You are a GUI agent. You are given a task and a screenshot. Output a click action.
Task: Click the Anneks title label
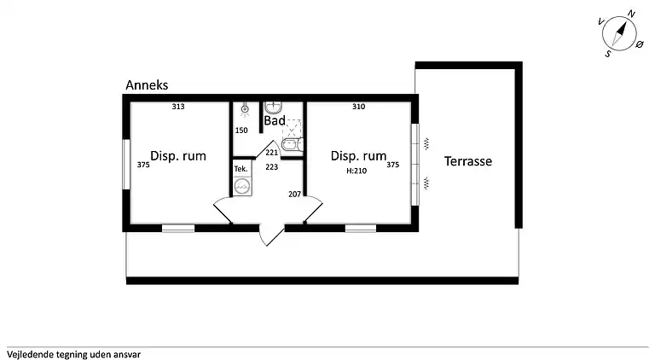coord(147,85)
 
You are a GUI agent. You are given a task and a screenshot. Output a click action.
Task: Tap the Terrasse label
coord(468,161)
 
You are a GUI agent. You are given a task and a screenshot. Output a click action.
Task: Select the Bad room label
coord(275,120)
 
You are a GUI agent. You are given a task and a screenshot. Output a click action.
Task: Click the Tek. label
coord(241,169)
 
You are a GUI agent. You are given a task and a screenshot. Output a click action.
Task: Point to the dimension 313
coord(178,107)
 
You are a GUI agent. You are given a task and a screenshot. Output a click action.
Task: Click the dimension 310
coord(358,107)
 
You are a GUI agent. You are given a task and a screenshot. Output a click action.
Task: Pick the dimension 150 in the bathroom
coord(241,131)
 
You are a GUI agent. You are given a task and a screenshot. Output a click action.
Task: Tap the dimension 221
coord(271,153)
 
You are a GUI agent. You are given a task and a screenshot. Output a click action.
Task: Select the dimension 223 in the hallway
coord(271,166)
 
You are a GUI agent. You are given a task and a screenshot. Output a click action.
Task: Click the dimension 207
coord(294,194)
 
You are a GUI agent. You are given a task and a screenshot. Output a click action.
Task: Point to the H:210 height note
coord(356,171)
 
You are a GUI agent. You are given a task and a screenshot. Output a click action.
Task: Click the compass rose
coord(619,33)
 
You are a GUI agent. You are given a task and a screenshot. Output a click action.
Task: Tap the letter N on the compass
coord(631,15)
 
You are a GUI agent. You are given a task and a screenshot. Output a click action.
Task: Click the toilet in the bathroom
coord(292,144)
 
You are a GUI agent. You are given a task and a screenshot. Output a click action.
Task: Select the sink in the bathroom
coord(274,107)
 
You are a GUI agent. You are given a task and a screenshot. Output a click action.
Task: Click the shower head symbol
coord(245,109)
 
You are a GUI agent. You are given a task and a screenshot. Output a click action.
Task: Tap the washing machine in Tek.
coord(242,186)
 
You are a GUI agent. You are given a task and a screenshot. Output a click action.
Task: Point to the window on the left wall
coord(125,164)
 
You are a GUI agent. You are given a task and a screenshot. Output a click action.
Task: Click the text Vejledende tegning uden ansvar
coord(73,355)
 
